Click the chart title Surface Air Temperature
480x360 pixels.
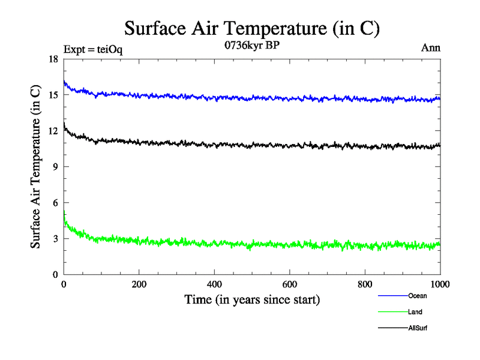252,28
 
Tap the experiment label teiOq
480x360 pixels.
93,50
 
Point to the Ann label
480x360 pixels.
431,48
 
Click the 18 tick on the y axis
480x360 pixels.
53,59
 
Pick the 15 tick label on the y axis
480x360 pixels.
53,95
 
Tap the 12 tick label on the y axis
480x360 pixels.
53,131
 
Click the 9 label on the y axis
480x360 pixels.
56,167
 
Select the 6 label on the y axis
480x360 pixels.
56,203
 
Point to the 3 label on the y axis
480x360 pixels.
56,239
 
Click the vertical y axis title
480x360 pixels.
37,167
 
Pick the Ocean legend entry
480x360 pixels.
418,296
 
